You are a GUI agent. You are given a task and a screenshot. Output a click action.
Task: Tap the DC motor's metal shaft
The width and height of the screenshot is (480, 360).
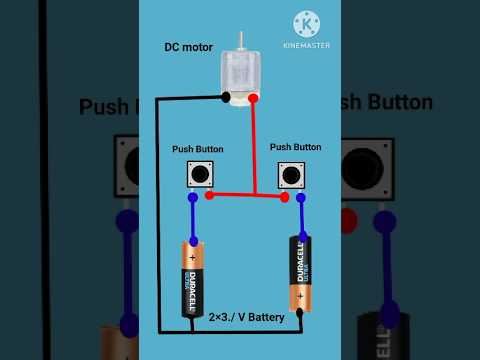tap(241, 39)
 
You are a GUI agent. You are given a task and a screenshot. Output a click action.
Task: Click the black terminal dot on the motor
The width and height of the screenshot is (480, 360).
tap(227, 97)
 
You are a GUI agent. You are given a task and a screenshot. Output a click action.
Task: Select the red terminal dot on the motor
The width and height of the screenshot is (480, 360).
tap(253, 98)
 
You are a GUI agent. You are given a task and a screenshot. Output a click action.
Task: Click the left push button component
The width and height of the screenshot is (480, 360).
tap(202, 175)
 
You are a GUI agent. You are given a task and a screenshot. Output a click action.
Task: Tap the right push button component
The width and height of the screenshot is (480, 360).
tap(290, 175)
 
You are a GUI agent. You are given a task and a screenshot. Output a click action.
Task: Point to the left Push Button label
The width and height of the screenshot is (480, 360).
tap(196, 149)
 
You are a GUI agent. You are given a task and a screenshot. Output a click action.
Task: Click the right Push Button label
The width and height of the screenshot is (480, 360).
tap(295, 146)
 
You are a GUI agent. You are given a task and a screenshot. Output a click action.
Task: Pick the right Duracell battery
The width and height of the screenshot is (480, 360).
tap(299, 273)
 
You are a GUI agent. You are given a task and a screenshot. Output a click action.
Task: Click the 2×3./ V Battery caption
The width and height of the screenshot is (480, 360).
tap(246, 317)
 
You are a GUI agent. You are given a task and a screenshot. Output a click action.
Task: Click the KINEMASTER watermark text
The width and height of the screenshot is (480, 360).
tap(307, 45)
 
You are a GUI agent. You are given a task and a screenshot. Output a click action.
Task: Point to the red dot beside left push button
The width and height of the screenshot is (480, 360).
tap(209, 195)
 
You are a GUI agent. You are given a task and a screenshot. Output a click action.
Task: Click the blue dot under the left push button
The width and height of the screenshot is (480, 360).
tap(192, 198)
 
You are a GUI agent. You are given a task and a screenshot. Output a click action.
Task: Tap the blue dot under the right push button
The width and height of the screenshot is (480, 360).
tap(299, 198)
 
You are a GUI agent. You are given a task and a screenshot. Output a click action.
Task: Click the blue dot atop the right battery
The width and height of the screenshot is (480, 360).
tap(299, 235)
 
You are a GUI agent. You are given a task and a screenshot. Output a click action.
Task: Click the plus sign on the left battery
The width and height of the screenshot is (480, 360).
tap(190, 257)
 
